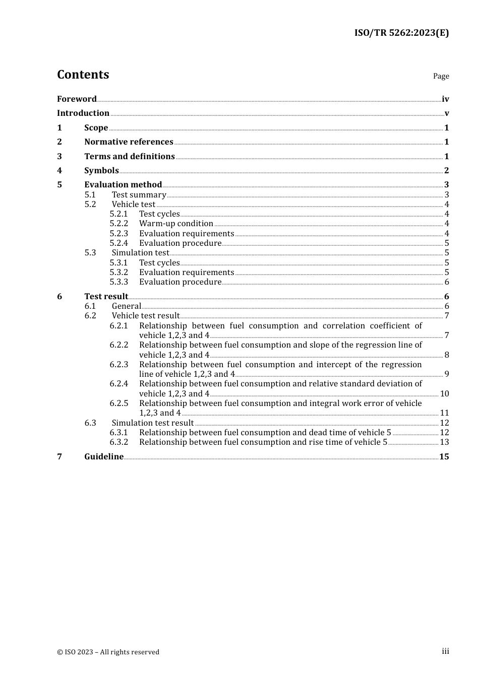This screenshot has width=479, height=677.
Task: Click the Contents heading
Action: click(83, 75)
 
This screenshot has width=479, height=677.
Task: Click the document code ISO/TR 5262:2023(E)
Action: click(401, 33)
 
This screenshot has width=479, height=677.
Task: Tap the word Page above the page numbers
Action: click(441, 76)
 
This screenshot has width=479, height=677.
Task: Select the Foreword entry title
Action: click(77, 99)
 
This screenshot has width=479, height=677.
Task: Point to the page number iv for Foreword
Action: click(445, 99)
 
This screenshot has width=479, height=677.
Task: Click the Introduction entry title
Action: click(83, 113)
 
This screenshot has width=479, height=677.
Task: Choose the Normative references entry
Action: click(129, 142)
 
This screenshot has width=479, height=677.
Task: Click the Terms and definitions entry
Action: click(130, 157)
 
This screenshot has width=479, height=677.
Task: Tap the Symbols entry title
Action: click(101, 171)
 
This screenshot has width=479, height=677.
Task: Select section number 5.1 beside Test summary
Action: click(90, 195)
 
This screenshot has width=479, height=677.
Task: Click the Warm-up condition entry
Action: click(176, 224)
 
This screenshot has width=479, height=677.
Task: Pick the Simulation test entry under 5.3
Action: click(140, 253)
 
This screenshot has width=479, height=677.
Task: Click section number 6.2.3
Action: click(119, 365)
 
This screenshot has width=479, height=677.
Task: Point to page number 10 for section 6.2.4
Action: click(444, 394)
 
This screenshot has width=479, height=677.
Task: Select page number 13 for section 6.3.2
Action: click(444, 442)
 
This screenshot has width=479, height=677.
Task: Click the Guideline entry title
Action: click(104, 457)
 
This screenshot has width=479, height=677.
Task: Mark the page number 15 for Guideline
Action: click(444, 457)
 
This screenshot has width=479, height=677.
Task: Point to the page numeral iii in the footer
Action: click(445, 651)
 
